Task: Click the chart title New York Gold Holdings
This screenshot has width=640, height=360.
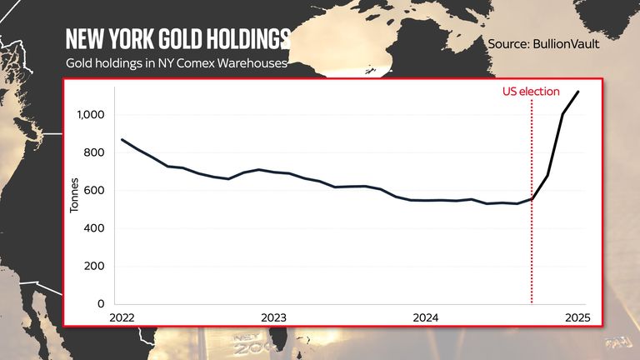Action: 177,38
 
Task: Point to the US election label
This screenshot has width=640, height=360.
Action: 531,92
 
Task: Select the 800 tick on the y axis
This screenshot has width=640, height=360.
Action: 95,152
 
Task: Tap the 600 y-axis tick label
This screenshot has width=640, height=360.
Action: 95,190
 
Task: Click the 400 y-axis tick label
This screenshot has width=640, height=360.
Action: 95,228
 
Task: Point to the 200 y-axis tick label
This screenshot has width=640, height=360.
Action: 95,267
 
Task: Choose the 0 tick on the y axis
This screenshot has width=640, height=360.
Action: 101,304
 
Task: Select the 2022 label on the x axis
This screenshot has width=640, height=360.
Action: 122,317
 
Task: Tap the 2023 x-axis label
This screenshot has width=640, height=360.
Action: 274,317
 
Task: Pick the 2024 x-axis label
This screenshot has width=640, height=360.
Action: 426,317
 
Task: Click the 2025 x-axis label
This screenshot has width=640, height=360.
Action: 577,317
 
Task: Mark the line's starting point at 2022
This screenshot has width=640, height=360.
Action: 122,139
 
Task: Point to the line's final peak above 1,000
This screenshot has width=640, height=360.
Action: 578,92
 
